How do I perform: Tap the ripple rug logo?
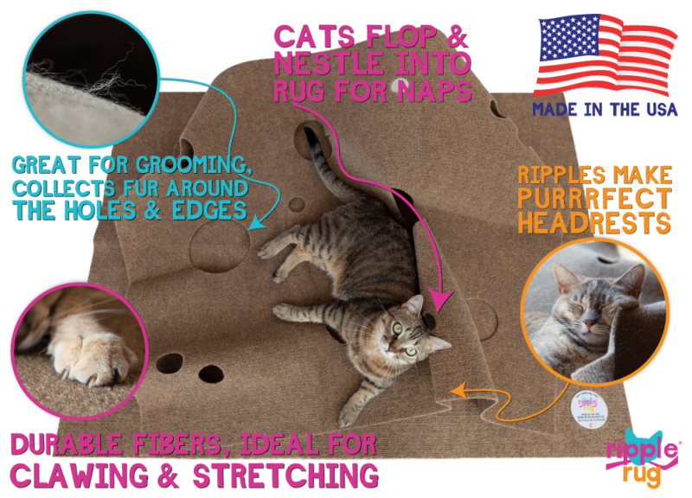pyautogui.click(x=641, y=456)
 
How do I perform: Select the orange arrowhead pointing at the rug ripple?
pyautogui.click(x=457, y=391)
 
